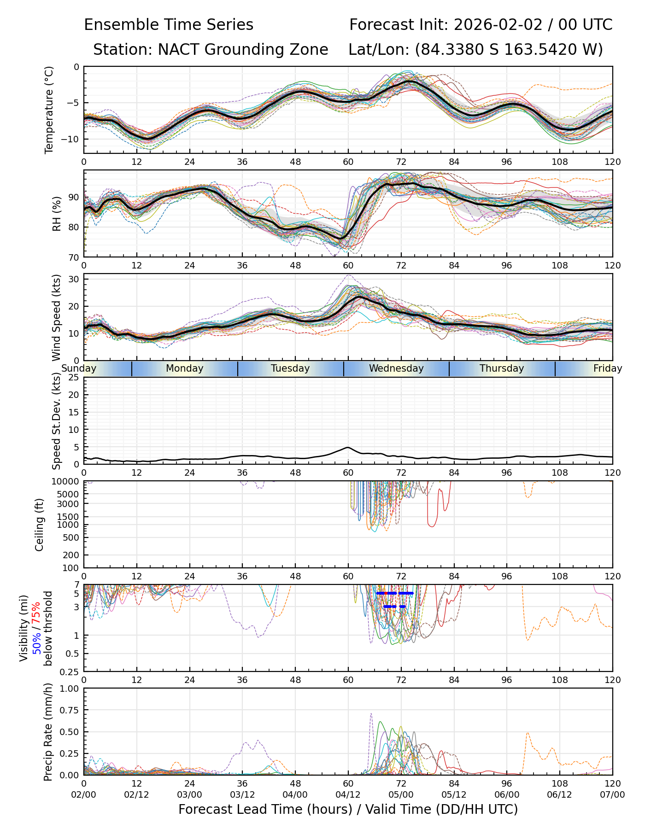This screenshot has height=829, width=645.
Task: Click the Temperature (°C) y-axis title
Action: click(49, 110)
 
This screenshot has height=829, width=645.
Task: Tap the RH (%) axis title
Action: click(57, 214)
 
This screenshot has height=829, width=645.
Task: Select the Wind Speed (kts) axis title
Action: click(57, 317)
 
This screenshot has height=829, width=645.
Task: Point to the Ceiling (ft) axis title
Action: click(40, 525)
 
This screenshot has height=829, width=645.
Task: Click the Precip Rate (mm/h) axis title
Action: click(48, 732)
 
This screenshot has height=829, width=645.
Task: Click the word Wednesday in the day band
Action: click(396, 368)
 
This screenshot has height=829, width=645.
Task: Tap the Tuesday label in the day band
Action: click(290, 368)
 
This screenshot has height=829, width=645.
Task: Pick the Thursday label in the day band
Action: click(502, 368)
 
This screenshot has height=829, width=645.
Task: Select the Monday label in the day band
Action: click(184, 368)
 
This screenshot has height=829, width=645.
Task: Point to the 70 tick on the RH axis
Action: click(74, 257)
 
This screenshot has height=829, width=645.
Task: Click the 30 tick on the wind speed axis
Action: click(74, 279)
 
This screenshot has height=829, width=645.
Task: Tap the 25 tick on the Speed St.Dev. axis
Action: click(74, 378)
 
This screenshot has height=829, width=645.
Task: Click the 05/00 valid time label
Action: click(401, 794)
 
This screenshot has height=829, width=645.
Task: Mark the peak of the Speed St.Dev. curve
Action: click(348, 447)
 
